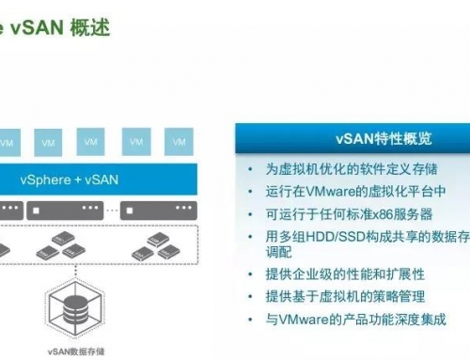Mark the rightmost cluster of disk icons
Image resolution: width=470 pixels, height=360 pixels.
(154, 247)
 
